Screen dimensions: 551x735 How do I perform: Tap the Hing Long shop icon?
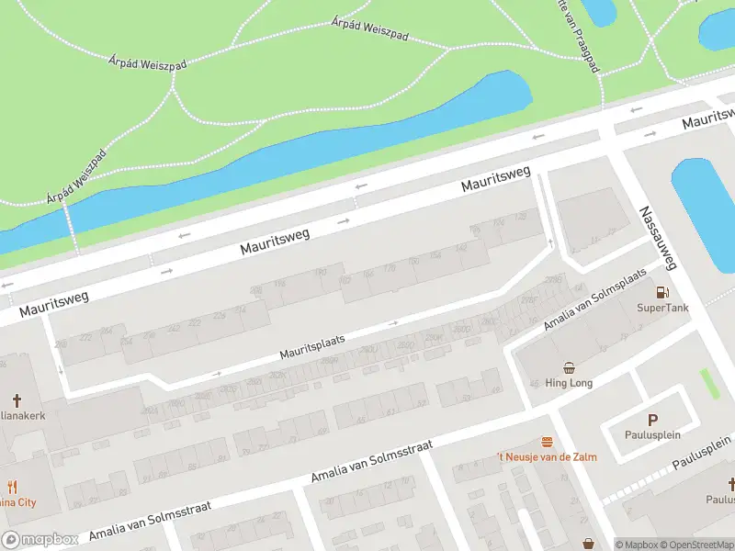[569, 367]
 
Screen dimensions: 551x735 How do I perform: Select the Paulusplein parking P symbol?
[652, 419]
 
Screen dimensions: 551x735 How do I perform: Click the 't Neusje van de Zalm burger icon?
[547, 442]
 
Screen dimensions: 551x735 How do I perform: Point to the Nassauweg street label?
[658, 237]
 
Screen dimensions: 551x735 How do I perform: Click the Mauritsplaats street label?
[312, 346]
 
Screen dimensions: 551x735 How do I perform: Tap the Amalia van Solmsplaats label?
[595, 298]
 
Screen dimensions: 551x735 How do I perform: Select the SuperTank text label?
[661, 308]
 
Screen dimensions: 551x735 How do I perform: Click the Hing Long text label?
[569, 383]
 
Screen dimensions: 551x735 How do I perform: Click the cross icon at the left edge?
[16, 400]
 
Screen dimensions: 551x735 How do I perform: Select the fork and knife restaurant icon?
[12, 487]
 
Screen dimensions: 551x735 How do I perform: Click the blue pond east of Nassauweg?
[704, 211]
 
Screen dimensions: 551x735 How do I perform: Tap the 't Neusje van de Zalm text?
[547, 456]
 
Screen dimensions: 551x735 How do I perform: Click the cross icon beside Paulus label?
[731, 483]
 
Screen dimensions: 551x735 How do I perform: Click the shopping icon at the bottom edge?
[588, 545]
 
